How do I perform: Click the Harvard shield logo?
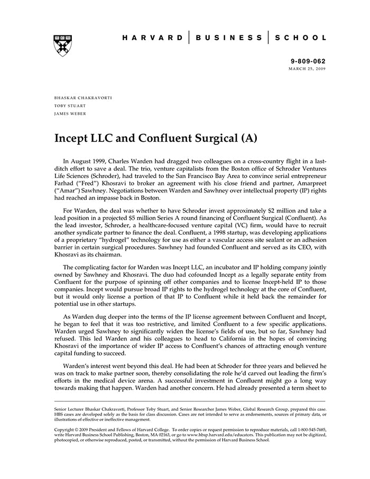point(63,46)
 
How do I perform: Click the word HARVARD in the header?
point(153,38)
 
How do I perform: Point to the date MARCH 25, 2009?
point(308,69)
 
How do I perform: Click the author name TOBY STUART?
point(70,106)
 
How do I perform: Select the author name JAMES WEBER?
point(70,113)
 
